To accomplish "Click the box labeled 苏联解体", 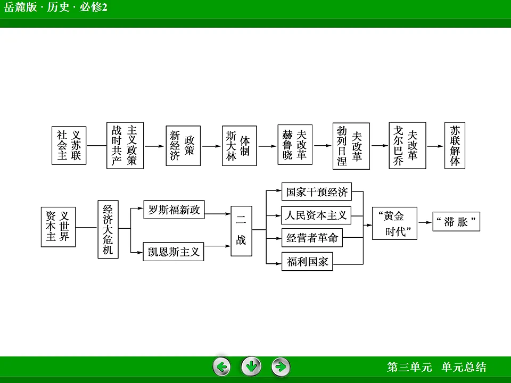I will [x=455, y=146].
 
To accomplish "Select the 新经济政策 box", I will [x=183, y=146].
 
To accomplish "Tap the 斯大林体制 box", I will [x=239, y=146].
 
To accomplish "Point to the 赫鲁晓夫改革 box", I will [x=295, y=146].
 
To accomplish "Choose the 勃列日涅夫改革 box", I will [x=351, y=146].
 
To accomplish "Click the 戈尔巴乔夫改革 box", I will [x=407, y=146].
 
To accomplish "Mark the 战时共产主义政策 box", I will [x=125, y=146].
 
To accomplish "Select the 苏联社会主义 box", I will [x=69, y=146].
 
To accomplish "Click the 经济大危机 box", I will [x=108, y=229].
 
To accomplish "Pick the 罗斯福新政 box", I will [x=174, y=210].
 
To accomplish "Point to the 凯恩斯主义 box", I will [x=174, y=252].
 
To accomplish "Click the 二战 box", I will [x=241, y=231].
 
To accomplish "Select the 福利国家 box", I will [x=307, y=261].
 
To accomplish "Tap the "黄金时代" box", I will [x=394, y=223].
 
